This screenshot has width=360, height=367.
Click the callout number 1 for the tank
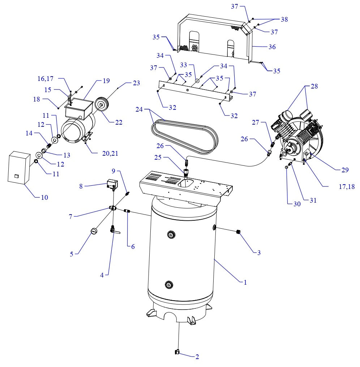(x=245, y=282)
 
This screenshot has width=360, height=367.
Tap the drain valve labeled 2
(x=177, y=352)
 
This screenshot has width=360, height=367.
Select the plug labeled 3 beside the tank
(x=239, y=232)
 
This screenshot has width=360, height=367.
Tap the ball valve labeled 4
(x=113, y=229)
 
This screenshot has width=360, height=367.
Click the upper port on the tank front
(x=170, y=235)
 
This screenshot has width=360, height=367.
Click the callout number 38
(x=284, y=20)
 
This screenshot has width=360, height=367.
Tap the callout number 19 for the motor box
(x=106, y=81)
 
